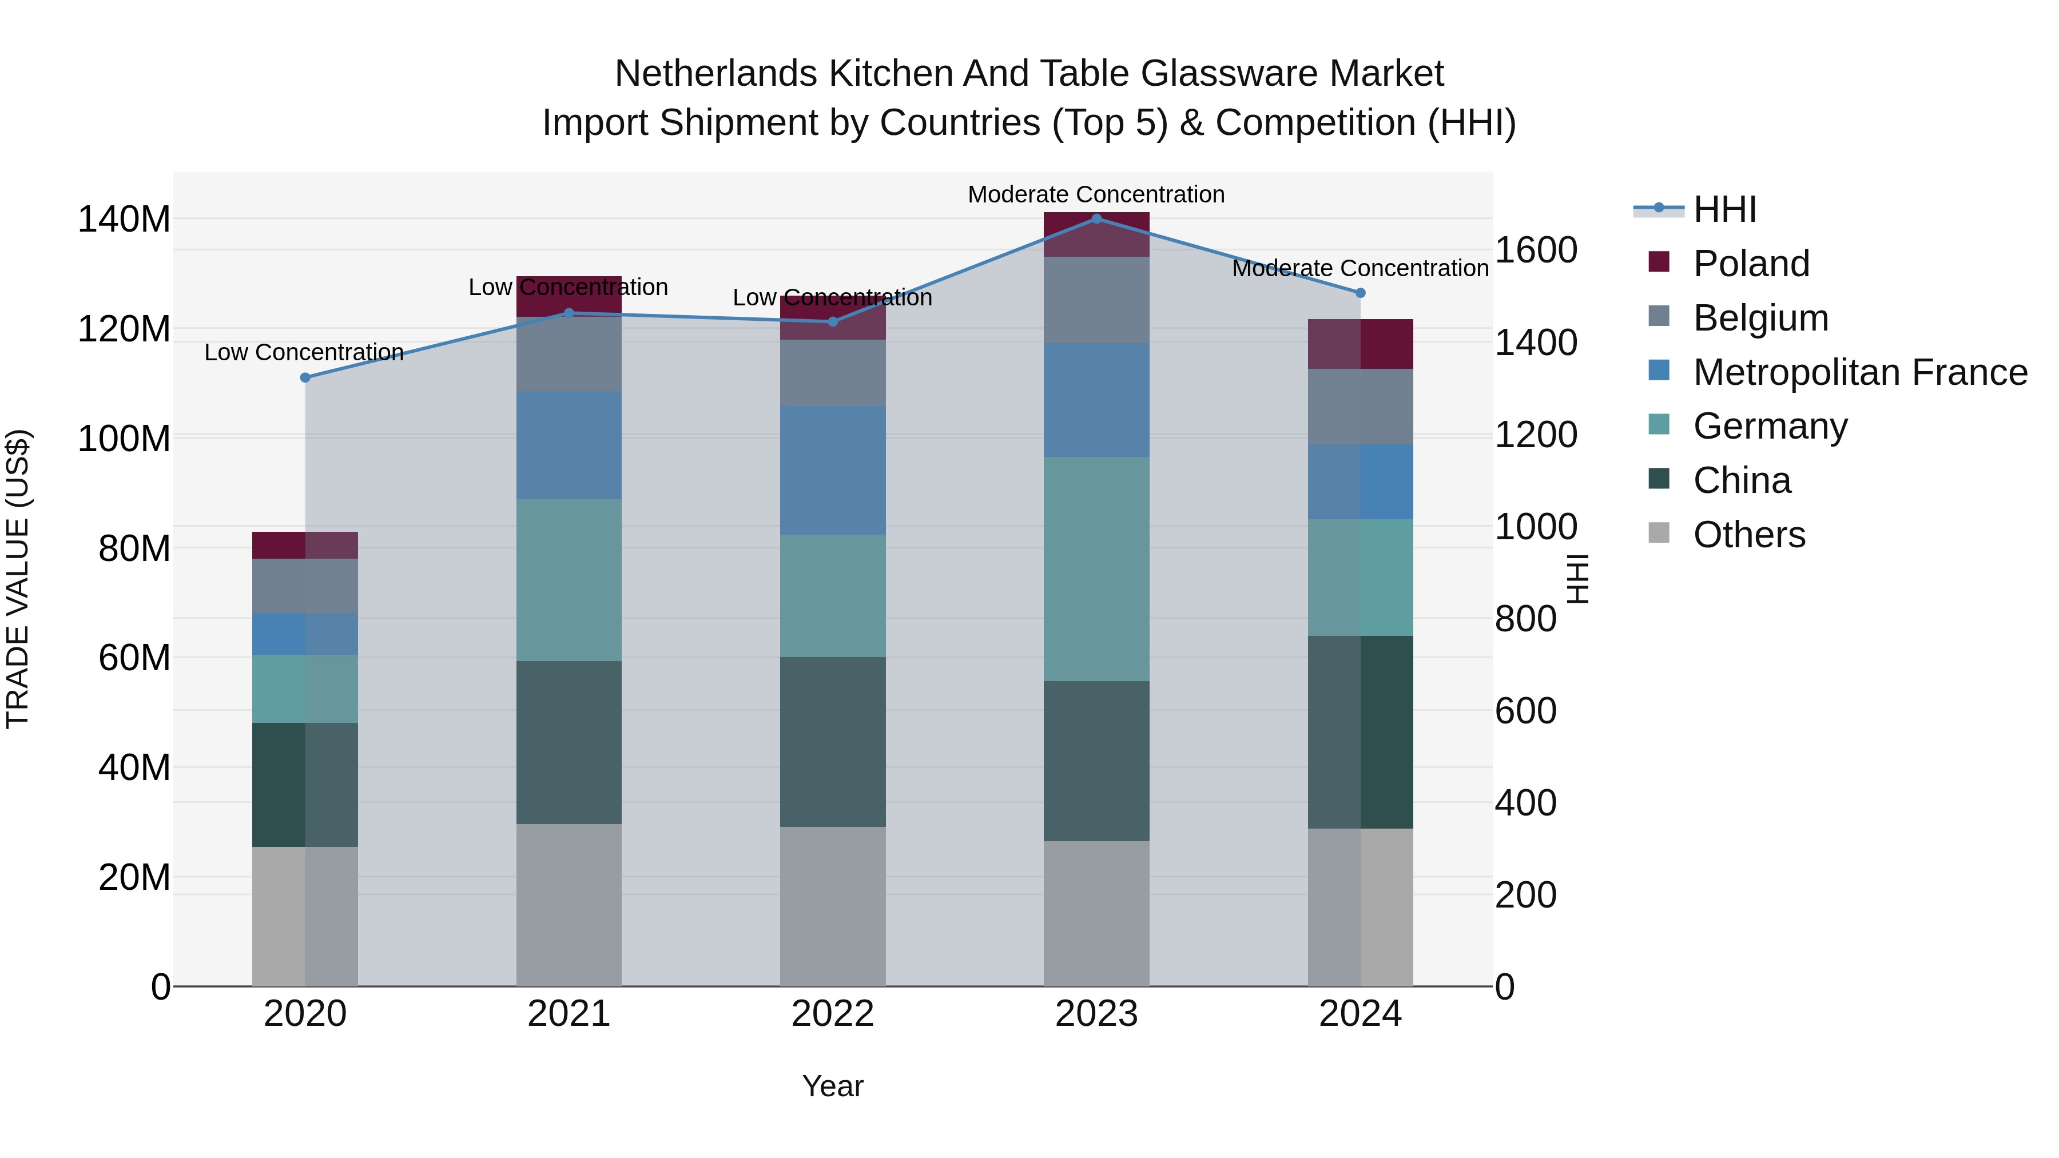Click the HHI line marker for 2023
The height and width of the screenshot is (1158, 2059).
pos(1096,218)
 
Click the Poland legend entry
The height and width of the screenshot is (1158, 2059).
pos(1751,264)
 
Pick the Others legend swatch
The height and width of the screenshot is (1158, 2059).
pos(1659,533)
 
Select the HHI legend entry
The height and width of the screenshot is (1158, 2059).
pos(1724,209)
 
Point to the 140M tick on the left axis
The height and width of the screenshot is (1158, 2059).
pos(124,219)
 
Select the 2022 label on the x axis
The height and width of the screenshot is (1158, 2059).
pos(832,1014)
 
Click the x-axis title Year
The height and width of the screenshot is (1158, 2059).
pos(832,1086)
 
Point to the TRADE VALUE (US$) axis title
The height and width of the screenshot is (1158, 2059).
pos(18,579)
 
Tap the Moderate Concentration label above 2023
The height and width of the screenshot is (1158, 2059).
pos(1096,194)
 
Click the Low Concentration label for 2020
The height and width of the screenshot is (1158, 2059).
pos(304,352)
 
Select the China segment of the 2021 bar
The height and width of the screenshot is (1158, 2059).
pos(569,742)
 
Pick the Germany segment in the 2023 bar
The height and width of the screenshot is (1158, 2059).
pos(1096,568)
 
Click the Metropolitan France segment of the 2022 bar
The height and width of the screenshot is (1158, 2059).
pos(832,470)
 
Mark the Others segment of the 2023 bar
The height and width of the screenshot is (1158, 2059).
pos(1096,913)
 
